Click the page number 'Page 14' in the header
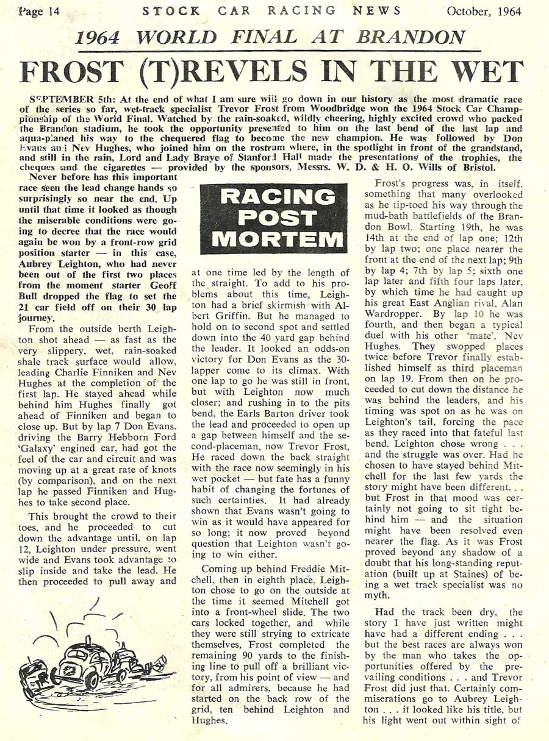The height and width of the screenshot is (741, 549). point(35,11)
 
